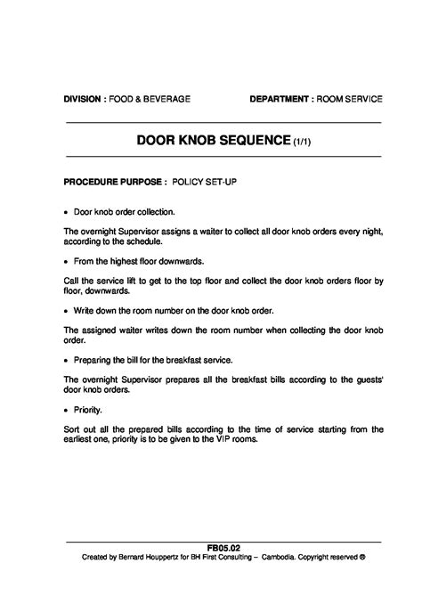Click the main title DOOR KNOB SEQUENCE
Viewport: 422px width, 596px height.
pyautogui.click(x=214, y=141)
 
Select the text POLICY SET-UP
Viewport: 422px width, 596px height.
pyautogui.click(x=204, y=181)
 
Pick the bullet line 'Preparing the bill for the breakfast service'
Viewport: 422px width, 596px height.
pyautogui.click(x=153, y=360)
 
